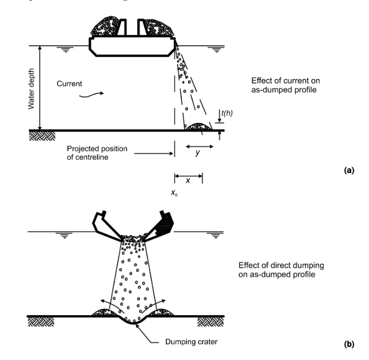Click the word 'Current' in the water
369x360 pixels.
tap(69, 84)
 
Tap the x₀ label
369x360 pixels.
tap(175, 194)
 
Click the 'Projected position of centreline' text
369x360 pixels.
tap(97, 152)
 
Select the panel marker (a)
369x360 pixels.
tap(349, 171)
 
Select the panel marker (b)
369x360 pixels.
tap(349, 345)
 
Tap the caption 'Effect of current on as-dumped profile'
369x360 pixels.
tap(286, 85)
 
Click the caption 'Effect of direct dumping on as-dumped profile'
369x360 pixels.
tap(281, 270)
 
